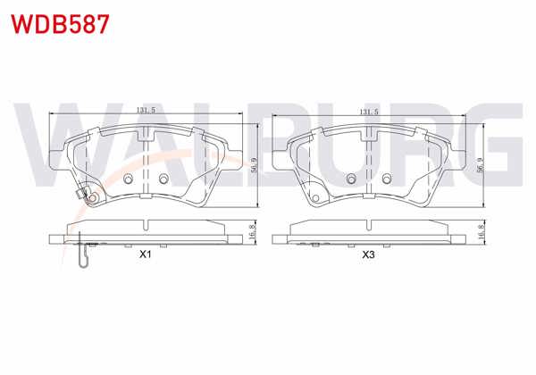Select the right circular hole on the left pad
[x=162, y=180]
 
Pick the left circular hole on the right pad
[x=351, y=180]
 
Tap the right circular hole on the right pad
[x=387, y=180]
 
